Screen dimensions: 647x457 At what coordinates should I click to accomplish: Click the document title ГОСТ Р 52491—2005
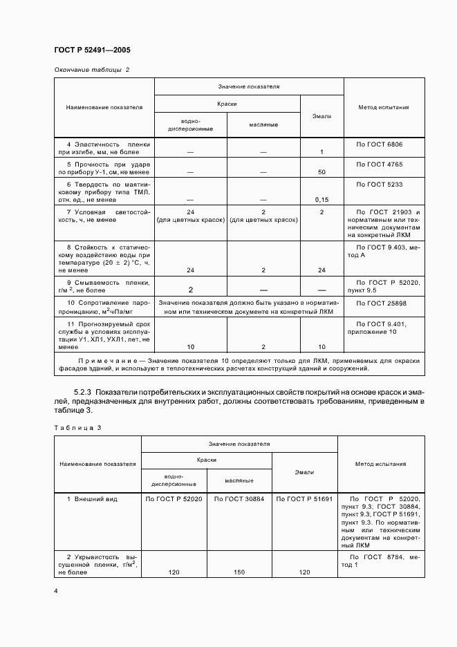tap(92, 50)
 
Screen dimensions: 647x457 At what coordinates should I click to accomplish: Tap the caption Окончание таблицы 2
tap(91, 71)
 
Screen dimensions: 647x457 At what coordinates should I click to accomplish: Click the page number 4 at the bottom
tap(56, 590)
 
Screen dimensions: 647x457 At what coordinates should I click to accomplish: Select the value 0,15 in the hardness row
tap(321, 199)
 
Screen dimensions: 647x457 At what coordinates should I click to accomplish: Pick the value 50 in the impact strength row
tap(321, 171)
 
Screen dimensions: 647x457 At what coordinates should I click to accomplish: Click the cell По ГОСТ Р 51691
tap(305, 498)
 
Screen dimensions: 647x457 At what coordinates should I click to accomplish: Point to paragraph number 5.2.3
tap(86, 392)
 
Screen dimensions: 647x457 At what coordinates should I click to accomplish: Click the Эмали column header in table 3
tap(305, 472)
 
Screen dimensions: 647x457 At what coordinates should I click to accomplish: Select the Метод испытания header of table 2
tap(383, 107)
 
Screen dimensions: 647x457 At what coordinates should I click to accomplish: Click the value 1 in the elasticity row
tap(321, 151)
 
